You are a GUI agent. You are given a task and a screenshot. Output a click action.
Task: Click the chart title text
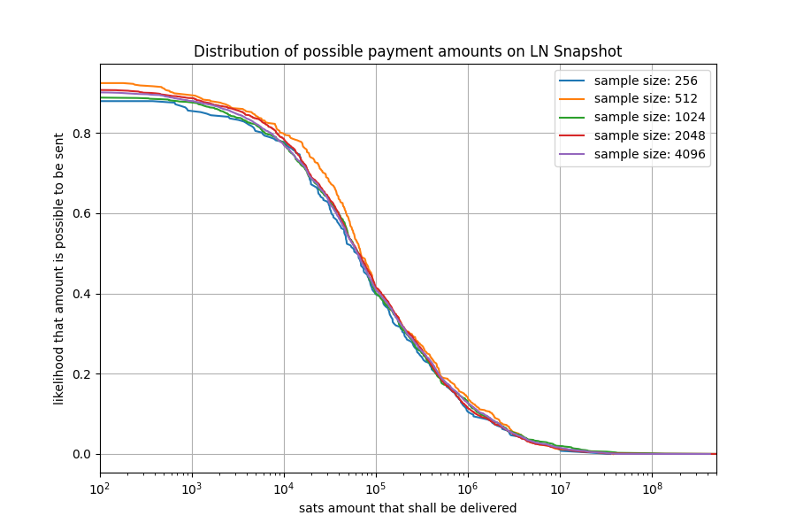coord(407,51)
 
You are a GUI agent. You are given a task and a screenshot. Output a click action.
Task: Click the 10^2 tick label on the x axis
coord(100,488)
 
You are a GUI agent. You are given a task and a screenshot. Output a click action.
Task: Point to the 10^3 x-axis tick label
coord(192,488)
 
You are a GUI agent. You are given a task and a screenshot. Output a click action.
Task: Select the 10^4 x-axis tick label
coord(284,488)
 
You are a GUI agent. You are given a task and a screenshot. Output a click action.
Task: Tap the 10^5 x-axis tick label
coord(376,488)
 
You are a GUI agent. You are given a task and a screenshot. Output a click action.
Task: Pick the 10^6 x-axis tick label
coord(468,488)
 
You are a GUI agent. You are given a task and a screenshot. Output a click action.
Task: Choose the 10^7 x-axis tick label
coord(560,488)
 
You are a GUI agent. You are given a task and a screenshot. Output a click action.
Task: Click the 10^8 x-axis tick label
coord(652,488)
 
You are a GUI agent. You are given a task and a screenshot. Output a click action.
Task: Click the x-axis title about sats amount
coord(408,508)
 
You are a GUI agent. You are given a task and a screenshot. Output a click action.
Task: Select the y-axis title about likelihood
coord(59,269)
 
